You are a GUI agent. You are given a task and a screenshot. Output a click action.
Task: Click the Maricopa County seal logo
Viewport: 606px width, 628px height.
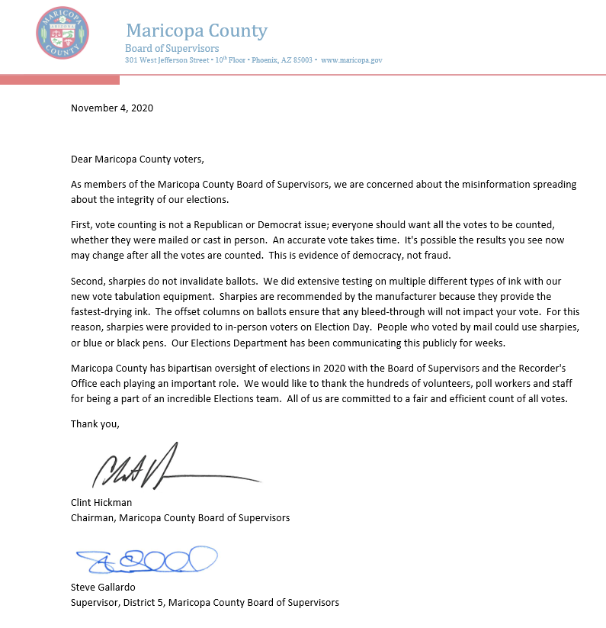coord(63,32)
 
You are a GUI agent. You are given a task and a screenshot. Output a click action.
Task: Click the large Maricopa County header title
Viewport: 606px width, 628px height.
coord(196,31)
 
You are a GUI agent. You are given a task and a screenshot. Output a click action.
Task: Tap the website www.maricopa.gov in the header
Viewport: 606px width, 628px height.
coord(351,60)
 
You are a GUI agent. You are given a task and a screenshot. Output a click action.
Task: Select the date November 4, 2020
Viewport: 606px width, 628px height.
coord(112,108)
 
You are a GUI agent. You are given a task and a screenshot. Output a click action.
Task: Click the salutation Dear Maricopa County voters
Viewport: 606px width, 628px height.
coord(138,159)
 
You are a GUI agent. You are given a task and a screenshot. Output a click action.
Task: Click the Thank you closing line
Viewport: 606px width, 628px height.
coord(95,423)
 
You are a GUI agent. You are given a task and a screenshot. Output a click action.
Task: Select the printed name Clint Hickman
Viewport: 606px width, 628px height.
coord(102,503)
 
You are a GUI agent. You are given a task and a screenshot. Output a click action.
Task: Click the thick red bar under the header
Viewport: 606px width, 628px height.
coord(59,79)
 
